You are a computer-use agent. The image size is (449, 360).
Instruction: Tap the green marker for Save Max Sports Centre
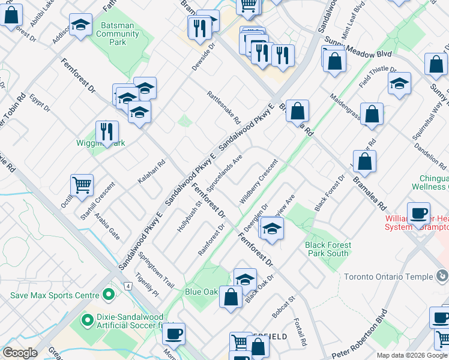pos(109,295)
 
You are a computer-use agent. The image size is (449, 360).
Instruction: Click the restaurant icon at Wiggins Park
pos(107,132)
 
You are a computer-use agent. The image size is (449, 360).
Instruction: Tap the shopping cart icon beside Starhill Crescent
pos(82,185)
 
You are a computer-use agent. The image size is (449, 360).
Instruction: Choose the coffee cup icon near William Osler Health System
pos(418,214)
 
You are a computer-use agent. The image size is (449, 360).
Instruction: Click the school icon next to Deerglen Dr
pos(272,229)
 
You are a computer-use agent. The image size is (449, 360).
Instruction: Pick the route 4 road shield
pos(128,285)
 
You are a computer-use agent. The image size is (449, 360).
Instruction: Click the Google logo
pos(20,352)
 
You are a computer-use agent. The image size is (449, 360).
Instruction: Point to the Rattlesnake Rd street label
pos(223,107)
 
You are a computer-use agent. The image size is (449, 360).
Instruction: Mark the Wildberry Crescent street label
pos(259,181)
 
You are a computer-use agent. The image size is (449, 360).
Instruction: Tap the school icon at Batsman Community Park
pos(80,26)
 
